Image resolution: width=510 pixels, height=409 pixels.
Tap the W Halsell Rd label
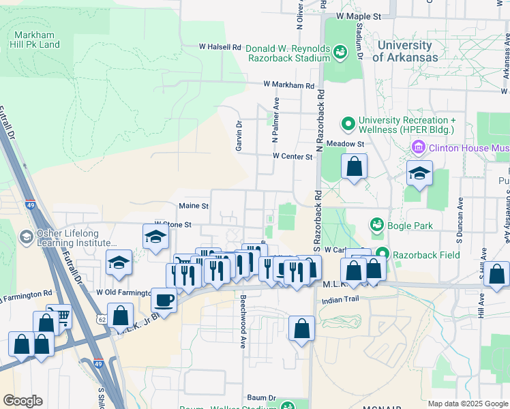click(220, 47)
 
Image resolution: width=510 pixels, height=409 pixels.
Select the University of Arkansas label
click(406, 51)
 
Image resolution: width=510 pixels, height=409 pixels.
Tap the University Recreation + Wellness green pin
click(348, 123)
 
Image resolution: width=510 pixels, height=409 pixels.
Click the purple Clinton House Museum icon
click(418, 147)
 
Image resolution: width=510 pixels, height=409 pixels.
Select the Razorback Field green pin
click(382, 252)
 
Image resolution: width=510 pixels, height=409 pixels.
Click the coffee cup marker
click(164, 299)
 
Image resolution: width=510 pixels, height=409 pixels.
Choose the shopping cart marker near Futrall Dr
click(61, 316)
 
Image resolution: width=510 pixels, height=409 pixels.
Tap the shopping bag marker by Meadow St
click(354, 166)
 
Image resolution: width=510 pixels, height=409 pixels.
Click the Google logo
click(22, 401)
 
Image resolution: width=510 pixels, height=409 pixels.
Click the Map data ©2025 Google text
click(467, 404)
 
